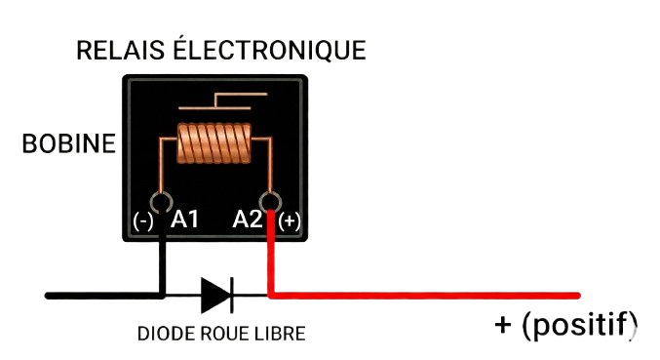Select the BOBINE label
point(68,145)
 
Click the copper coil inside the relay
point(214,144)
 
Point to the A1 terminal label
point(185,220)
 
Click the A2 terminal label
point(248,220)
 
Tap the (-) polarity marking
point(143,220)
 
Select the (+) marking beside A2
point(290,221)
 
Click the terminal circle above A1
point(162,201)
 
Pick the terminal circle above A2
point(271,201)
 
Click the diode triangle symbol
point(214,294)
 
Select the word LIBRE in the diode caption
point(282,334)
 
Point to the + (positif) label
point(566,325)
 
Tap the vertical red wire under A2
point(271,254)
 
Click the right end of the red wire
point(578,295)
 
